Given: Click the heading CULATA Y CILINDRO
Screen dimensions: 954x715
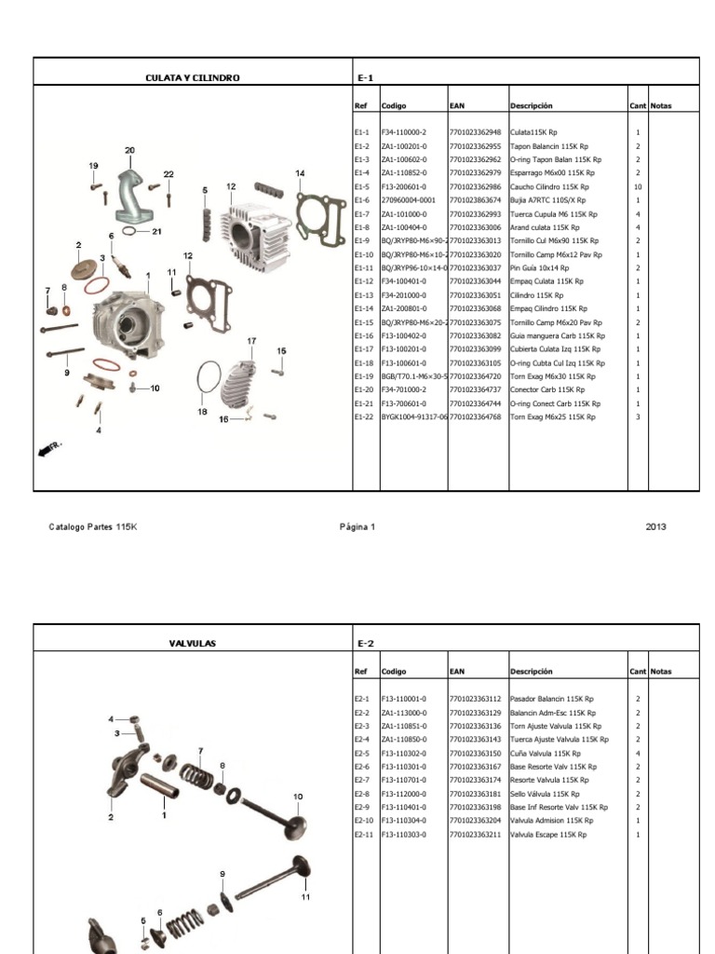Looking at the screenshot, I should pos(193,78).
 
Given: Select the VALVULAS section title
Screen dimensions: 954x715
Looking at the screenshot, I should pos(193,644).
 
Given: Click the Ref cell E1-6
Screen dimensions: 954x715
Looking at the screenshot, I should pos(362,200).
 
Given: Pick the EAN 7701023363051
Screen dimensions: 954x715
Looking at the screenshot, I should pos(475,295).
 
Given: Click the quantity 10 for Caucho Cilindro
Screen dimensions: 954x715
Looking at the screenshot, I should pos(638,186).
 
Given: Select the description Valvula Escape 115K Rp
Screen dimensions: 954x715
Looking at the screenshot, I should pos(548,835).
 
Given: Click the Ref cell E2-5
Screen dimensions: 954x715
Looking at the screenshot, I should pos(362,754).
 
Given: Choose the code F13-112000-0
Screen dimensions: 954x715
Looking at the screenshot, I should pos(403,794).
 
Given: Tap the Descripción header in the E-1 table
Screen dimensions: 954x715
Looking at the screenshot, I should pos(531,106).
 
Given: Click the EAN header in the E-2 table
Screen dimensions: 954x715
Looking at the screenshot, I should pos(457,672).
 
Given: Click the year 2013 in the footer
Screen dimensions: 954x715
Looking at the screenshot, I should pos(655,527).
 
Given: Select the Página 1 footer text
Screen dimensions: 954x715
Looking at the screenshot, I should pos(357,527).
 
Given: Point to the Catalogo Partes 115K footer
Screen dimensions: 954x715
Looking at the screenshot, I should pos(92,527).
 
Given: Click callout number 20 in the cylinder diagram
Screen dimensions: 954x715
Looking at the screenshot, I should pos(129,150).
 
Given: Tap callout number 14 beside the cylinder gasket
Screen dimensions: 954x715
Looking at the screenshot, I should pos(300,173).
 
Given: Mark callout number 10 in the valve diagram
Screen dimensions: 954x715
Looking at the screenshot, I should pos(298,797).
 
